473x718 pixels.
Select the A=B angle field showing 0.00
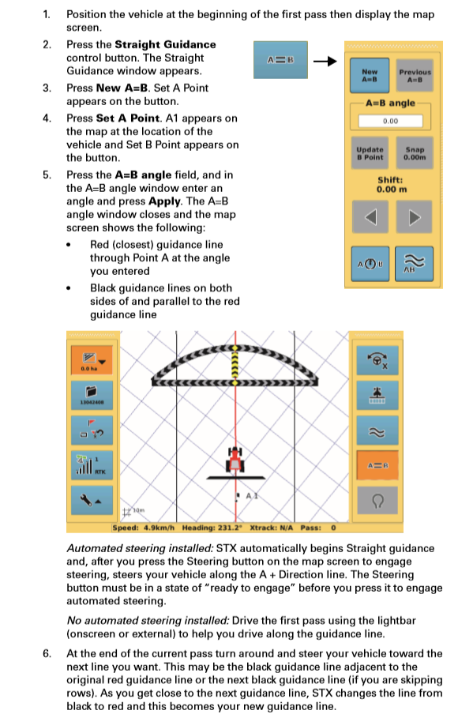[390, 122]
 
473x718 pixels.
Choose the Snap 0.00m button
[414, 152]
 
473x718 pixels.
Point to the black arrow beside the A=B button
[324, 60]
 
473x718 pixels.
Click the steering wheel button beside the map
[377, 360]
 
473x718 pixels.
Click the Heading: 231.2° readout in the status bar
[212, 528]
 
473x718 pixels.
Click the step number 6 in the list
[47, 653]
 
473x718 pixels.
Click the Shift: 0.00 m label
[391, 184]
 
